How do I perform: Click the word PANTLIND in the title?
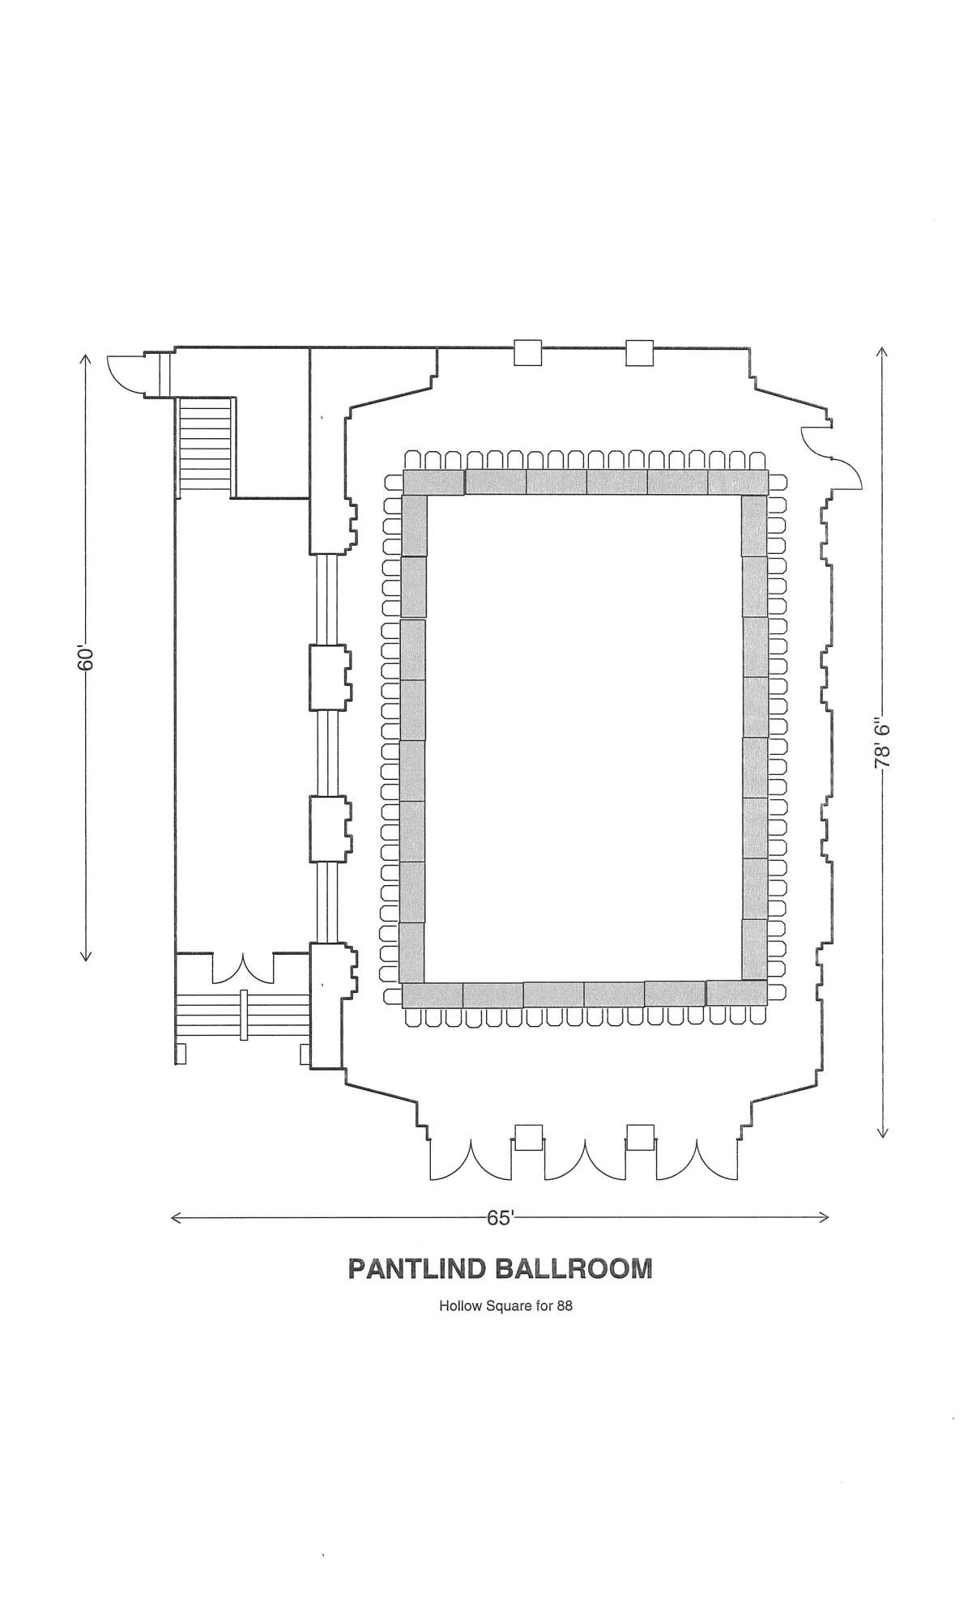click(x=417, y=1268)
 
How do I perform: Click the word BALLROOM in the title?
click(x=573, y=1268)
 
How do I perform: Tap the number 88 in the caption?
click(x=565, y=1305)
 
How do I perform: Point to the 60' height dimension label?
click(x=87, y=657)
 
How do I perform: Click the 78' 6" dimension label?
click(x=882, y=743)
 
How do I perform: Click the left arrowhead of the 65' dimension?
click(x=176, y=1217)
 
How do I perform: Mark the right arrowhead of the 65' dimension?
click(x=823, y=1217)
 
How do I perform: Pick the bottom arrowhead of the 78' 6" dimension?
click(x=883, y=1132)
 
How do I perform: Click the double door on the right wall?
click(x=831, y=458)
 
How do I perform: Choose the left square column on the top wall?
click(x=528, y=352)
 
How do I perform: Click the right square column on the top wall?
click(x=640, y=352)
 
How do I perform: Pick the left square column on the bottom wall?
click(x=529, y=1137)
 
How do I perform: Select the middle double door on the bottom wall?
click(x=584, y=1160)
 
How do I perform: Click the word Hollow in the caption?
click(x=457, y=1305)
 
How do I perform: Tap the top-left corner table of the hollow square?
click(x=434, y=482)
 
